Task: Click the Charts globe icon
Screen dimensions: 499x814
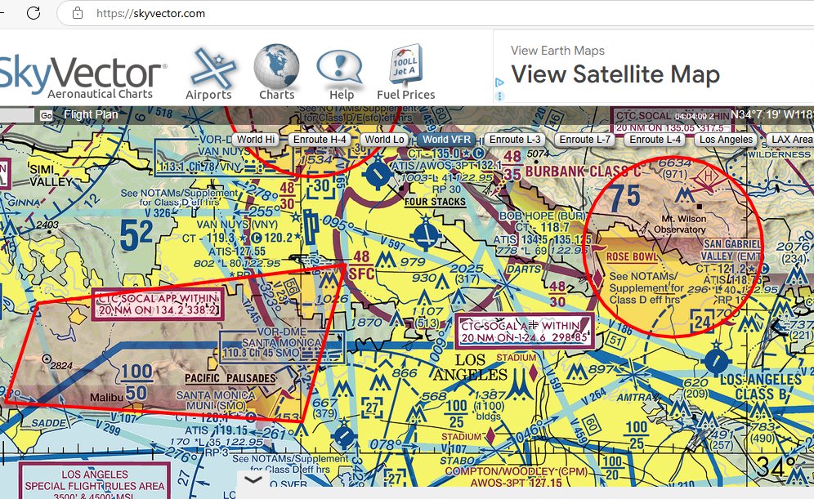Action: pos(276,69)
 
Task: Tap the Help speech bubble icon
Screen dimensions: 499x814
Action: pos(340,69)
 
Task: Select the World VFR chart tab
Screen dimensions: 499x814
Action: pos(447,140)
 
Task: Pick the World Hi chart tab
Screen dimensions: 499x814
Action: pos(256,140)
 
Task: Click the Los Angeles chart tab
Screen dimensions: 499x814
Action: pos(727,140)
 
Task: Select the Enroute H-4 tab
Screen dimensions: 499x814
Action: pos(320,140)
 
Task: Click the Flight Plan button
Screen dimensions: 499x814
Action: pos(90,115)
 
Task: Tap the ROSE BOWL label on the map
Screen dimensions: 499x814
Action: pos(633,257)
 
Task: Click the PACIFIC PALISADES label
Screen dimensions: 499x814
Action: pos(230,378)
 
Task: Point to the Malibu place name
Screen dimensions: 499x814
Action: pos(106,397)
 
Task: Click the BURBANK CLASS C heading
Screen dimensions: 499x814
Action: pos(580,172)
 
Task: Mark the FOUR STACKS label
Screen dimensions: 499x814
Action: pos(435,202)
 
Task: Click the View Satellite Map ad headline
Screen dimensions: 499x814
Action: pos(615,75)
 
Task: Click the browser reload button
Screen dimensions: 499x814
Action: pos(34,13)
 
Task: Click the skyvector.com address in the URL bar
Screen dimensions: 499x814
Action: pos(150,14)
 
